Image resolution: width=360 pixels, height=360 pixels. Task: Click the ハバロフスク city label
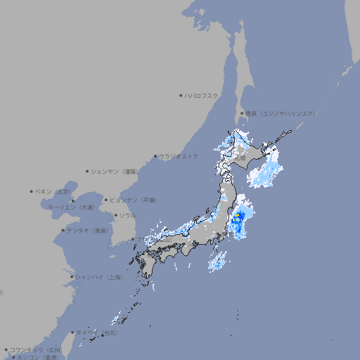click(x=202, y=95)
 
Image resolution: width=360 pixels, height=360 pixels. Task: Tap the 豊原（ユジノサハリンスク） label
click(x=280, y=113)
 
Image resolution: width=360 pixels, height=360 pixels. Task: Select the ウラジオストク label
click(x=179, y=156)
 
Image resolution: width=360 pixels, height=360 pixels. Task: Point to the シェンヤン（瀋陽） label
click(x=114, y=171)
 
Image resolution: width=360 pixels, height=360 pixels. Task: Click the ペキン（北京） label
click(x=54, y=191)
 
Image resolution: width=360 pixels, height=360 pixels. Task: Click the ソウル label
click(x=127, y=215)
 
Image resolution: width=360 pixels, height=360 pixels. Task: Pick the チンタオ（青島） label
click(x=87, y=231)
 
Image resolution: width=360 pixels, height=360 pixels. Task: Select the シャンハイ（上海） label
click(x=98, y=277)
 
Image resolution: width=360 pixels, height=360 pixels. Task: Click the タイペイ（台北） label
click(x=91, y=332)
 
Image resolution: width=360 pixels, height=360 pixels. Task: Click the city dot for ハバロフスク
click(x=181, y=95)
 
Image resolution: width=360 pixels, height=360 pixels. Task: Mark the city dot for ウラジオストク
click(x=155, y=156)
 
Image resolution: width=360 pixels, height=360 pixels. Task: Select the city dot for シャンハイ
click(x=72, y=277)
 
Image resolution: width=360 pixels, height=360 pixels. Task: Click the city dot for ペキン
click(x=32, y=191)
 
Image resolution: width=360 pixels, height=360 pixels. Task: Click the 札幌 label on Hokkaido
click(x=240, y=158)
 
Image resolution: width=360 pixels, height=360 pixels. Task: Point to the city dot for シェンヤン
click(x=88, y=171)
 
